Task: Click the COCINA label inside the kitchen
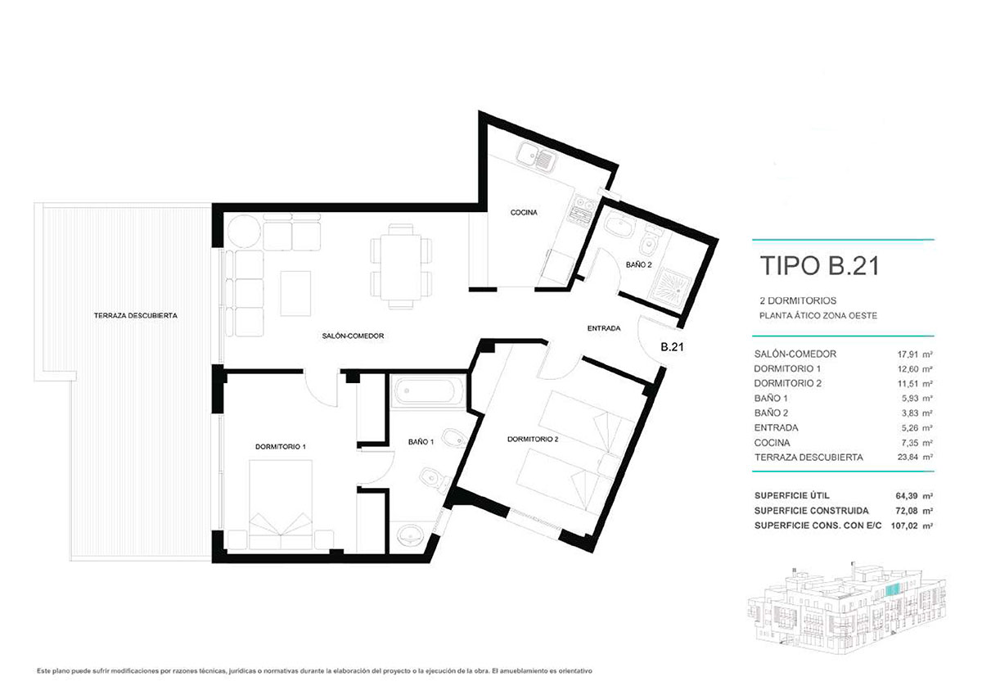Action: (524, 213)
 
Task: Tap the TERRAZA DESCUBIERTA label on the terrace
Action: (136, 315)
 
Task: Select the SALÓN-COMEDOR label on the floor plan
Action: (353, 336)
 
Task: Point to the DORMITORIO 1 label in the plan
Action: (280, 447)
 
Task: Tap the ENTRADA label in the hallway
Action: (604, 328)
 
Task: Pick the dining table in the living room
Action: (401, 267)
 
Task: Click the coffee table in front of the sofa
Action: (295, 292)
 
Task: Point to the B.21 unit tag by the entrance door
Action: (671, 346)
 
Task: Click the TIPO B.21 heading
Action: (818, 266)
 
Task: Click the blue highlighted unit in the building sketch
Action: (893, 588)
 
